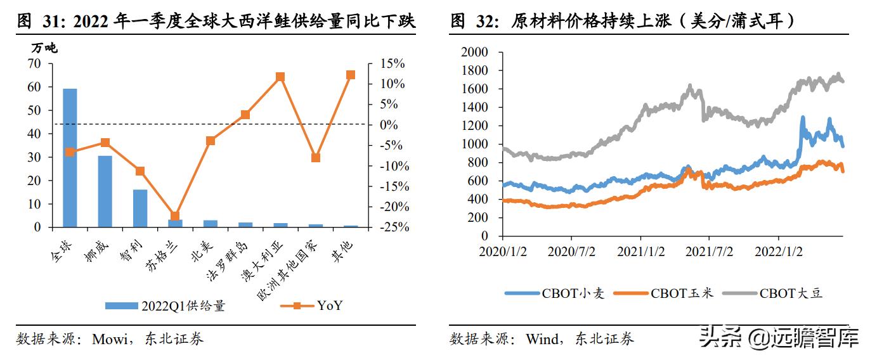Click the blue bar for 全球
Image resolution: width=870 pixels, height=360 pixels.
pyautogui.click(x=70, y=158)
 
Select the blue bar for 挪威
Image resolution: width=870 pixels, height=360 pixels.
pyautogui.click(x=105, y=191)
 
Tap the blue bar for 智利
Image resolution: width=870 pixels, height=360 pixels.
pyautogui.click(x=140, y=208)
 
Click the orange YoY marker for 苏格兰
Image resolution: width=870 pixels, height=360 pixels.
pyautogui.click(x=175, y=216)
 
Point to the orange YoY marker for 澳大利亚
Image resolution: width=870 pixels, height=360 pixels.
pyautogui.click(x=280, y=77)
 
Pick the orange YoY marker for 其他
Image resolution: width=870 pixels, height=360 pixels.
pyautogui.click(x=350, y=75)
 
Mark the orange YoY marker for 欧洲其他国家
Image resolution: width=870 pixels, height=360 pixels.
pyautogui.click(x=315, y=158)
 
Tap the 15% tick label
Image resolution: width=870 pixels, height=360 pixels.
pyautogui.click(x=392, y=63)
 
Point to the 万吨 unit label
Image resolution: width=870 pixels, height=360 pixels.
pyautogui.click(x=44, y=48)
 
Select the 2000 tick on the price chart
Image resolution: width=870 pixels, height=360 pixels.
pyautogui.click(x=475, y=52)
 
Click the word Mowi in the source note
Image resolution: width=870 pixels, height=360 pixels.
pyautogui.click(x=110, y=339)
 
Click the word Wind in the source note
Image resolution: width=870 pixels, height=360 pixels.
pyautogui.click(x=542, y=339)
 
